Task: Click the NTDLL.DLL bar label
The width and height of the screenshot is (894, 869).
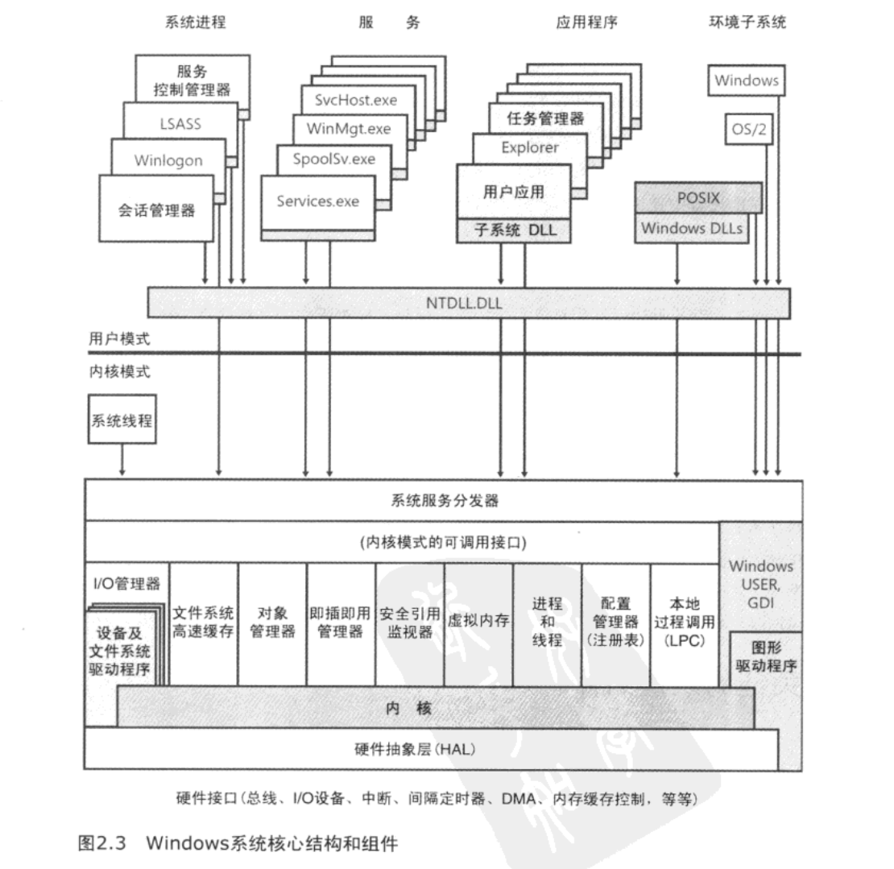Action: click(x=468, y=303)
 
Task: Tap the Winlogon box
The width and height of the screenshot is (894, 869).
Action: click(x=168, y=159)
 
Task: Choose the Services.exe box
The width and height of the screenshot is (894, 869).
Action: click(x=318, y=201)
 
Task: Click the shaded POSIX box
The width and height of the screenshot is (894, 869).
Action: click(x=697, y=197)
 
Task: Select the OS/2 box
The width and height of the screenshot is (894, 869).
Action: click(x=748, y=130)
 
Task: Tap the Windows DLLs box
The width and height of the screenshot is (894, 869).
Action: click(x=692, y=229)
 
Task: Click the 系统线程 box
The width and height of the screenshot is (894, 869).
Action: click(x=121, y=419)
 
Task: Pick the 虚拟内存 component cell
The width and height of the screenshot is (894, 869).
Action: click(x=478, y=622)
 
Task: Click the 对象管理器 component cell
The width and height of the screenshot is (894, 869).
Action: click(x=272, y=622)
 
